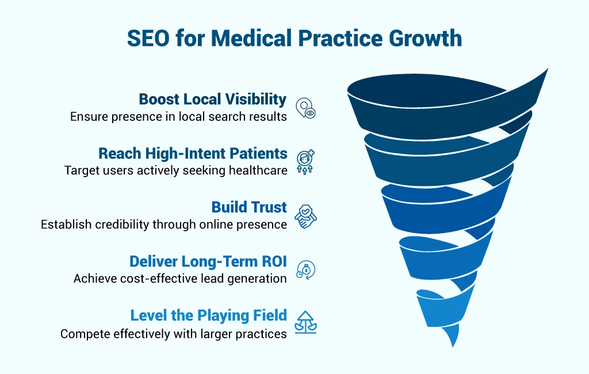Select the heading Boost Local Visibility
tap(212, 100)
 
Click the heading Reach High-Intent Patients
tap(193, 154)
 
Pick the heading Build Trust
tap(249, 208)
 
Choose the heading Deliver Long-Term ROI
tap(208, 262)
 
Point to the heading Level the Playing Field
tap(208, 316)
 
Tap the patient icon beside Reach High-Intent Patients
tap(305, 162)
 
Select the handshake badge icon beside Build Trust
tap(305, 216)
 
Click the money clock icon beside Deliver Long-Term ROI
tap(305, 270)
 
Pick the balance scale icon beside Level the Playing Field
tap(305, 323)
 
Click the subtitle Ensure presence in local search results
tap(178, 116)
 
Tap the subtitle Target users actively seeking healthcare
tap(175, 170)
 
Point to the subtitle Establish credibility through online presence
tap(164, 224)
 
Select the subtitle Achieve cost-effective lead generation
tap(180, 278)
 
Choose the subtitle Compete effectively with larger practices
tap(174, 333)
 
